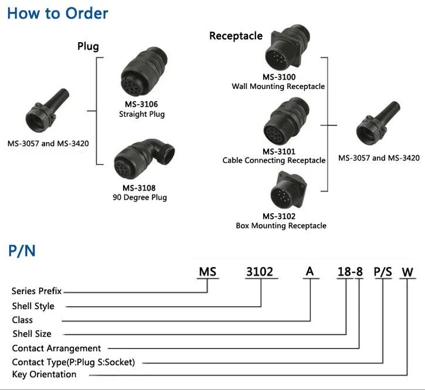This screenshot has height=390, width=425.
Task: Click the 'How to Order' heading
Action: (57, 13)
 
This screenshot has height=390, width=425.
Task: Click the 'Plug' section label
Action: (88, 46)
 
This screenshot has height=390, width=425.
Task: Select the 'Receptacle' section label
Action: (236, 36)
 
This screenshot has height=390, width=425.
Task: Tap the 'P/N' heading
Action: (22, 251)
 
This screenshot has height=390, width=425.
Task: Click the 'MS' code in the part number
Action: (208, 272)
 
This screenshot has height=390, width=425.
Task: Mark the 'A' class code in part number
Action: (310, 271)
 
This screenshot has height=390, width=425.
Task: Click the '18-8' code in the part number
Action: (350, 272)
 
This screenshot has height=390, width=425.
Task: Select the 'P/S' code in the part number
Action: (383, 272)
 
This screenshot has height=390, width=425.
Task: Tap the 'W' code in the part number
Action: (407, 272)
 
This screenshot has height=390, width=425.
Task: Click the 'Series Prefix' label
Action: (36, 291)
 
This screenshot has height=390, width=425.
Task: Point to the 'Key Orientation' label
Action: (44, 374)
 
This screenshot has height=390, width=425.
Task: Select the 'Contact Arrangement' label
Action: (56, 348)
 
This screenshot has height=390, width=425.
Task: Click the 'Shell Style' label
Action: (33, 306)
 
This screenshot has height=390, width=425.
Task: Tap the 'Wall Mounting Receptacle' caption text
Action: (278, 87)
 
